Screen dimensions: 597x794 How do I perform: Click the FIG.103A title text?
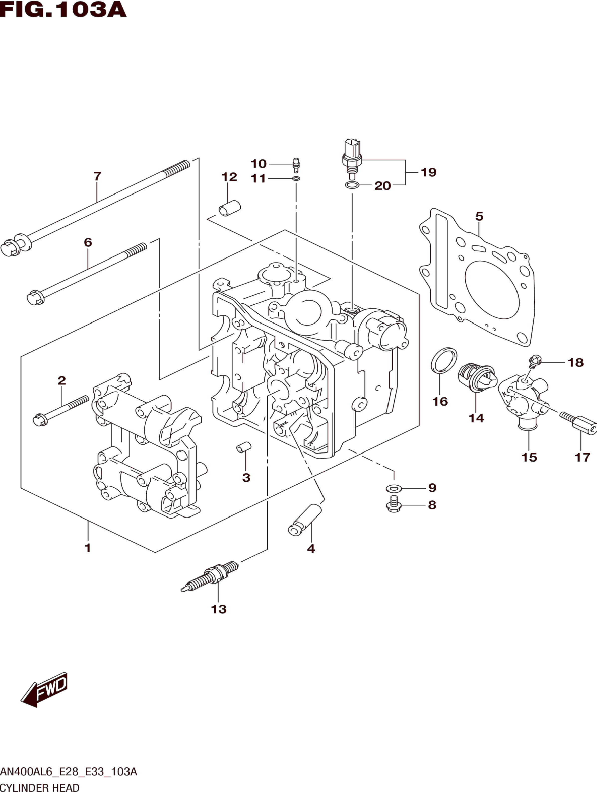click(63, 10)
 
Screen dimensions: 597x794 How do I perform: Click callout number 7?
click(97, 176)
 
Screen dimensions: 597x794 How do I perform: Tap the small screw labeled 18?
click(535, 360)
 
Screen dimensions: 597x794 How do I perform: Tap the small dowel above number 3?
click(244, 448)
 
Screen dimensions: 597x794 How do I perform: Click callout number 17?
click(582, 457)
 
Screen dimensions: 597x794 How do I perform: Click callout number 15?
click(529, 457)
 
